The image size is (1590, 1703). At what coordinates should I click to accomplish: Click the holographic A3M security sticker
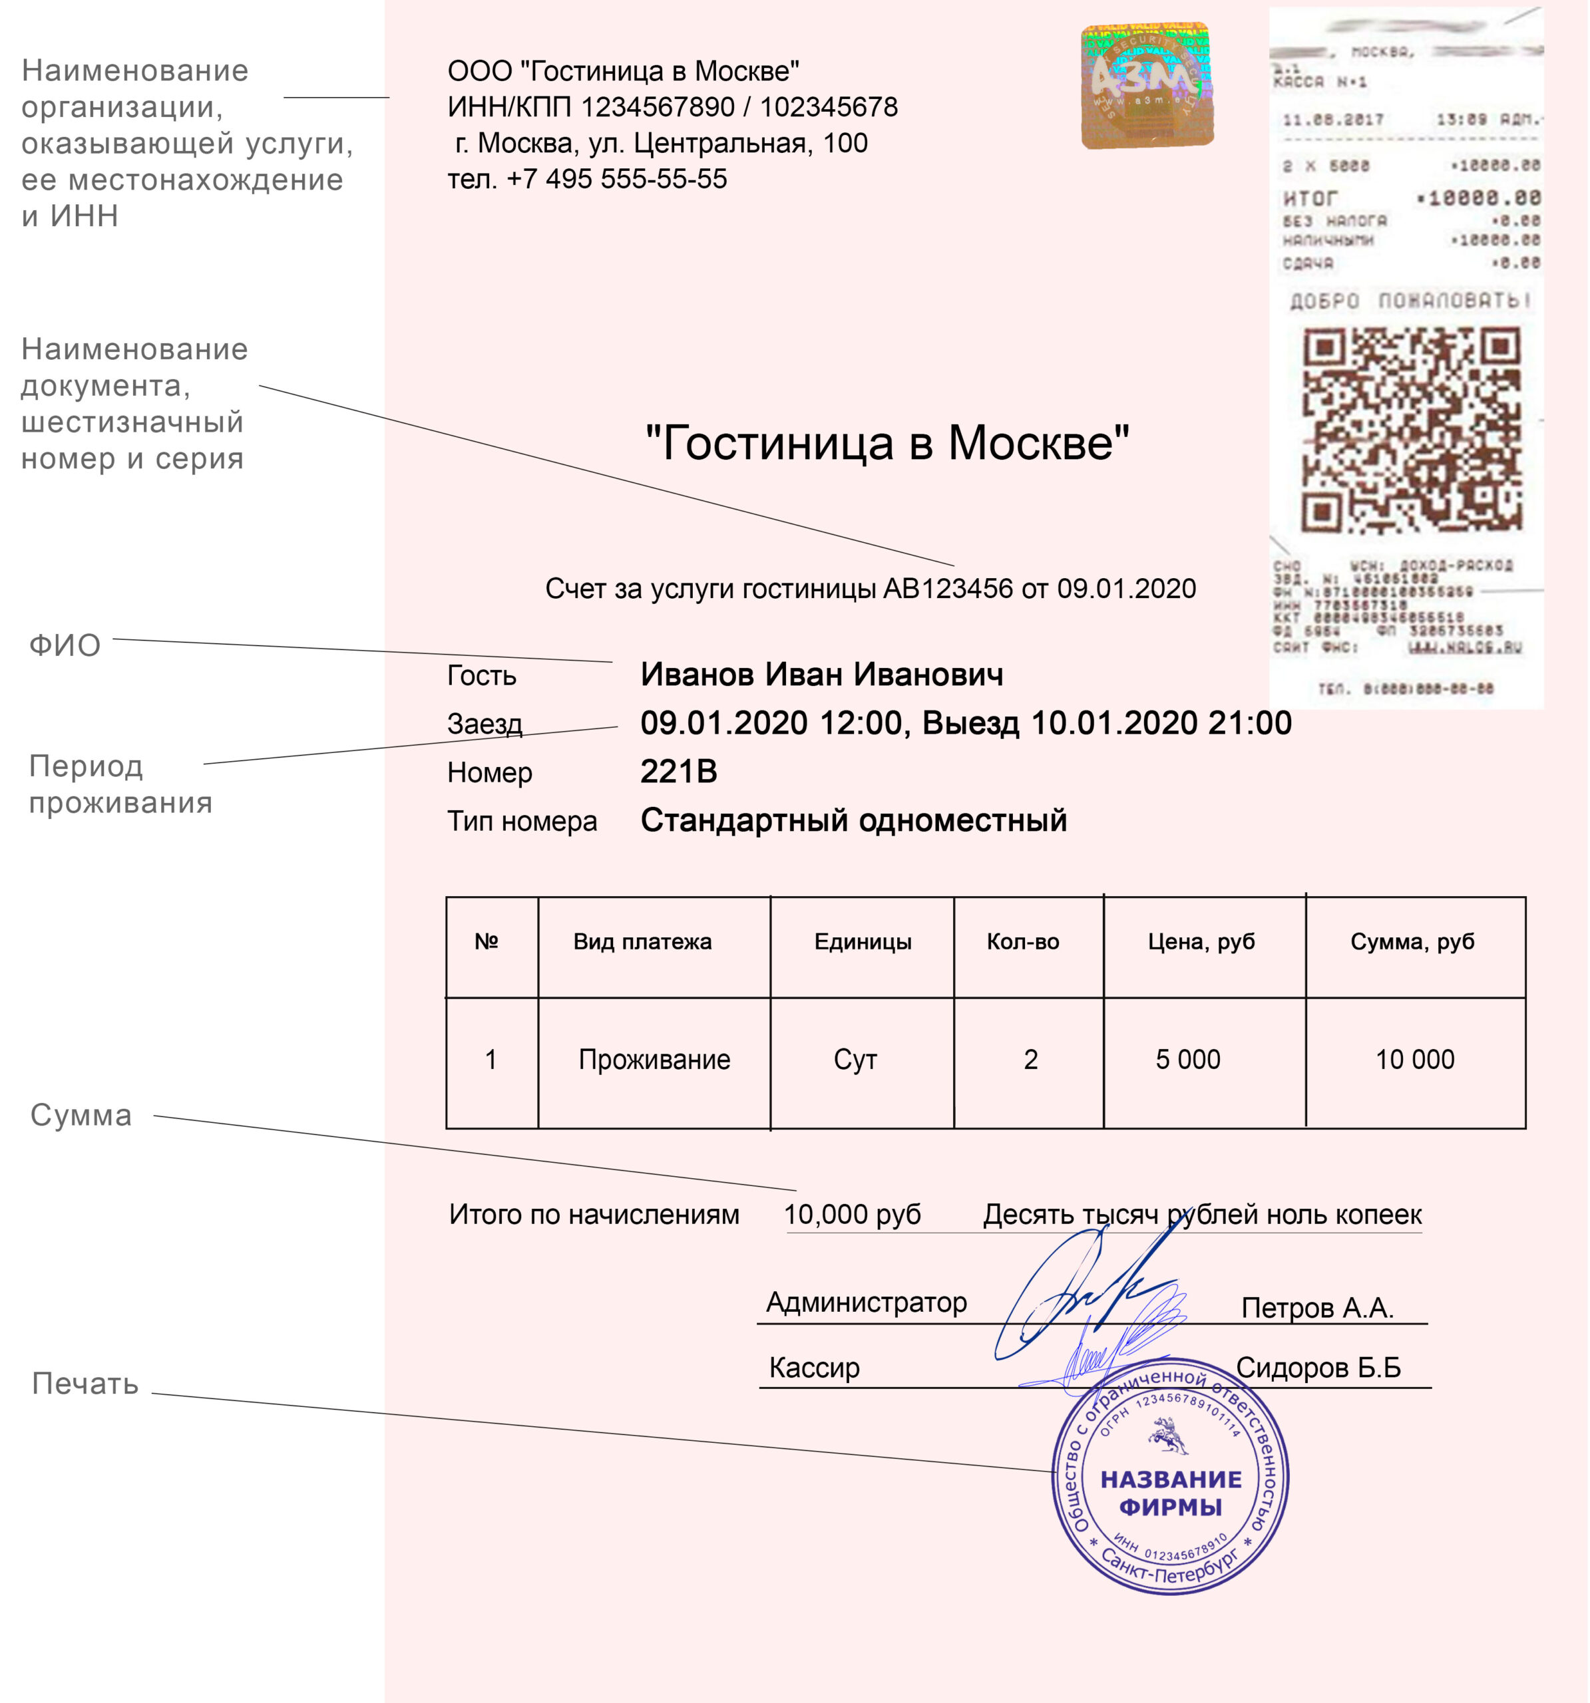1147,86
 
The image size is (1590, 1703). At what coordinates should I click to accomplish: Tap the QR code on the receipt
1411,431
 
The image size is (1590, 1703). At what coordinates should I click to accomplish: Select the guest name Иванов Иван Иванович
821,675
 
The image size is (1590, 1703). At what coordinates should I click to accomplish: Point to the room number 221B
678,772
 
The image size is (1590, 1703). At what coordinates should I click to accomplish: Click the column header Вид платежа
642,942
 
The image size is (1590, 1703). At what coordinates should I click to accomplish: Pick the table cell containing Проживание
654,1060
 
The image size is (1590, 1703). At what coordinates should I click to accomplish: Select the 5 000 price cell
1187,1060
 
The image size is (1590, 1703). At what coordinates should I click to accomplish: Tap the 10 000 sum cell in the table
1414,1060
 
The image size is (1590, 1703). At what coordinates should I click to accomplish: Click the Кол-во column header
1022,942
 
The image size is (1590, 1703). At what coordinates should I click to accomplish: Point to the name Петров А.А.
1317,1308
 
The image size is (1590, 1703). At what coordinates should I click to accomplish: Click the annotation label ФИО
65,646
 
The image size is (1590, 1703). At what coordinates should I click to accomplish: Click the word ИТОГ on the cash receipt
1310,199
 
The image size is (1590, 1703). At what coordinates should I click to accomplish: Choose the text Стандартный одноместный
854,821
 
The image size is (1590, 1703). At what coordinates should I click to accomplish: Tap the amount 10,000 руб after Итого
852,1215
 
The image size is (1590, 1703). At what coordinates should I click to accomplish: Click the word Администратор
866,1302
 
